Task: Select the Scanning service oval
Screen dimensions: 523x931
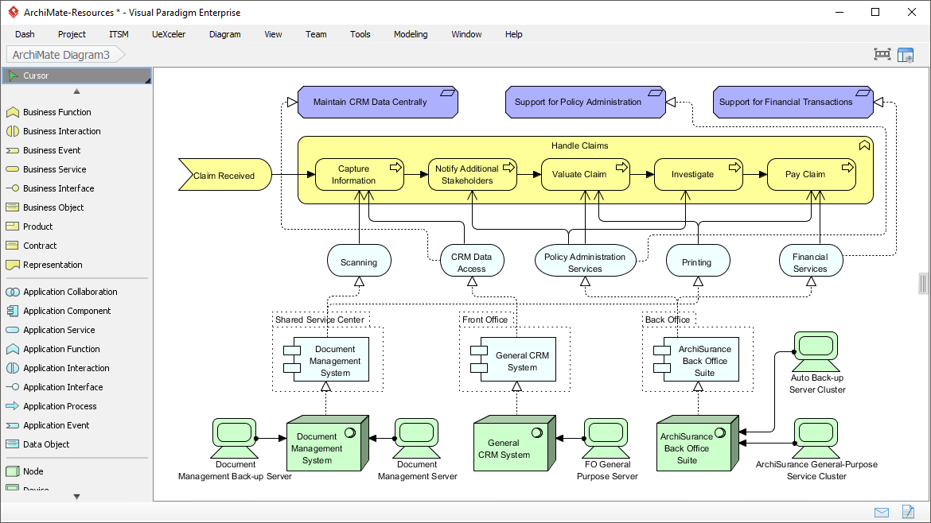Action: (359, 261)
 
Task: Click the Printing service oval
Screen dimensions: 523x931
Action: (697, 261)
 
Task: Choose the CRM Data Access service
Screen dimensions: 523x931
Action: (472, 262)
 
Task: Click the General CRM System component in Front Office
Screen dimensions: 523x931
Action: (521, 361)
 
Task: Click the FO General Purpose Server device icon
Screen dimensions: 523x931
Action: (606, 435)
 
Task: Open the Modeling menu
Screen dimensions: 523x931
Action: (411, 34)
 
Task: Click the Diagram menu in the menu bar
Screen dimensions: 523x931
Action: (224, 34)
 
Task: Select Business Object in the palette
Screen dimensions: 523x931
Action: (53, 207)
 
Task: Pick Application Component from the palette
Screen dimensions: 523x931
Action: (67, 311)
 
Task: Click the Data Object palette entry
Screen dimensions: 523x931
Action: (46, 444)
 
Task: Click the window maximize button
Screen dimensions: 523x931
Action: (875, 12)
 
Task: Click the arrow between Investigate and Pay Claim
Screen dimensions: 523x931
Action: (754, 174)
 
